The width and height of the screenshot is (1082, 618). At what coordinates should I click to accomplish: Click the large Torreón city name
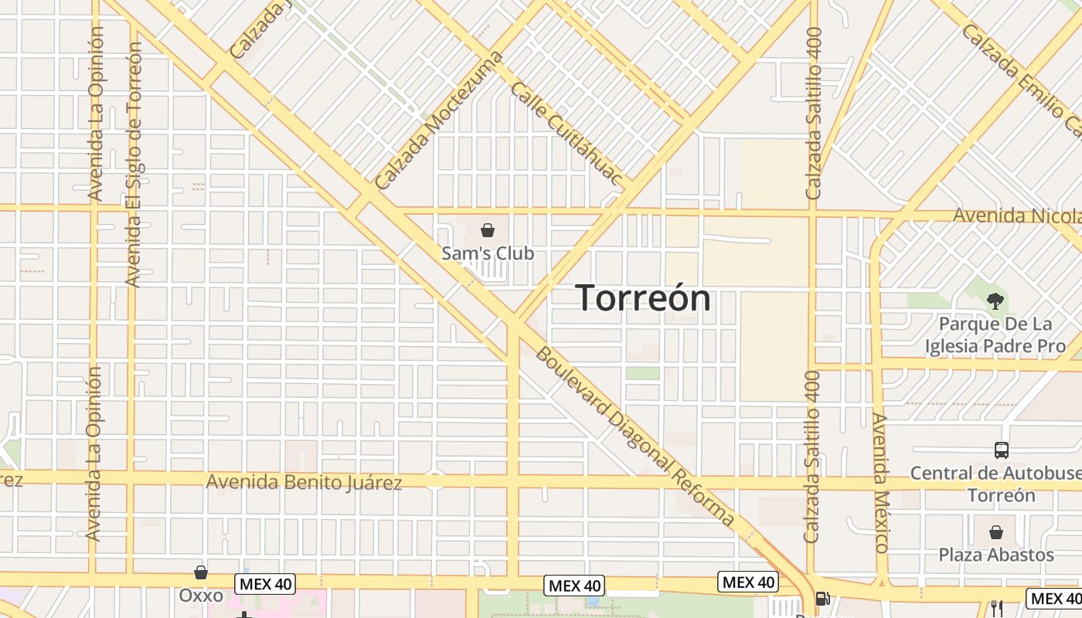643,298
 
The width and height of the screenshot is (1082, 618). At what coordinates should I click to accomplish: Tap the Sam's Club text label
488,253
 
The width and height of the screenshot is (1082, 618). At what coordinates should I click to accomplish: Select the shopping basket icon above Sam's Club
488,230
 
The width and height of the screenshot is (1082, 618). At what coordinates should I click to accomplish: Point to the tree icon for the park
995,301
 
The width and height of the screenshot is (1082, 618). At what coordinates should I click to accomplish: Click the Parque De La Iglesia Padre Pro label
995,334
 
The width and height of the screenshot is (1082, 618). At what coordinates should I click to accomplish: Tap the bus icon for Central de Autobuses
1002,450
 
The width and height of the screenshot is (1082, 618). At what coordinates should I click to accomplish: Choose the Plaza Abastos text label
996,555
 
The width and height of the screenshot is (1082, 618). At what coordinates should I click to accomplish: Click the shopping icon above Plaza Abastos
996,532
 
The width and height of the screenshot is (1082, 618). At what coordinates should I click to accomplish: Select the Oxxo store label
201,596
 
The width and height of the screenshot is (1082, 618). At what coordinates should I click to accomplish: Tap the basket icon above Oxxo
201,572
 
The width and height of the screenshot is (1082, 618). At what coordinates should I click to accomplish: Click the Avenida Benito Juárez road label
304,483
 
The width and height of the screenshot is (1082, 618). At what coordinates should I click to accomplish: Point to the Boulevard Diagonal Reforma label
635,437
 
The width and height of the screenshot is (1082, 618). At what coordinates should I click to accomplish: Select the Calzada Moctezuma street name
437,121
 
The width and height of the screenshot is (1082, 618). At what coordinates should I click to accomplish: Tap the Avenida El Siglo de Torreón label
134,164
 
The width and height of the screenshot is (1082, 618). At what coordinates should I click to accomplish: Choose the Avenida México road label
881,482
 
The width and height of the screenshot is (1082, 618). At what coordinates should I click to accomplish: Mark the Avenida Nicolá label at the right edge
1016,216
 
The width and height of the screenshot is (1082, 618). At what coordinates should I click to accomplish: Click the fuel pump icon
823,599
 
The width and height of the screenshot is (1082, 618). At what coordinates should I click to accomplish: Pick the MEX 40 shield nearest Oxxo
265,584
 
